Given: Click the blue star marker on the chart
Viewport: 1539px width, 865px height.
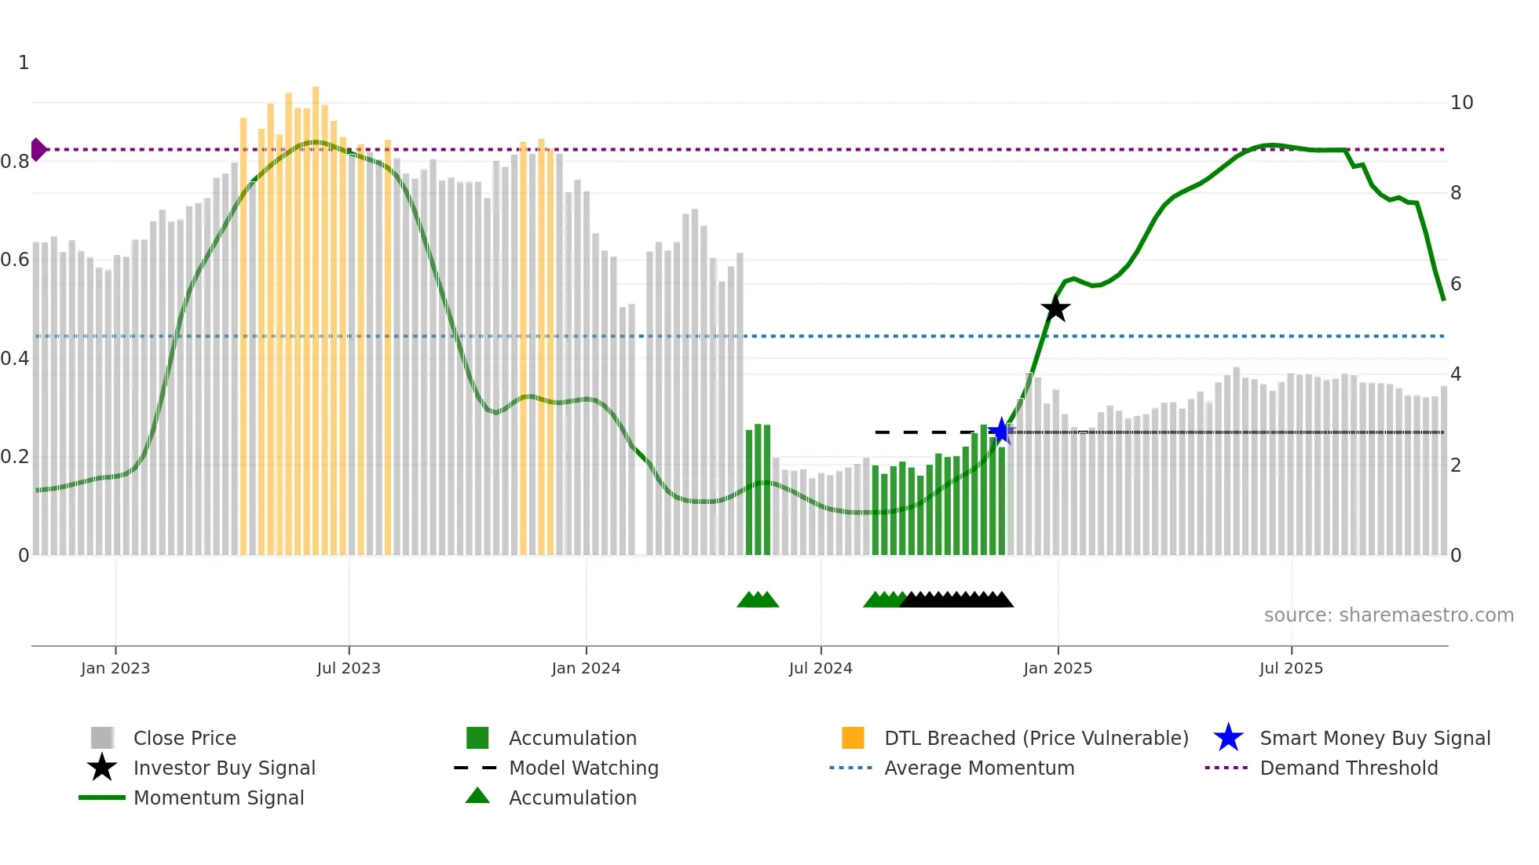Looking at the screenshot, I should (x=1001, y=431).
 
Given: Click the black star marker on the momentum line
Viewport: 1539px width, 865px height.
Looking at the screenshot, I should (x=1055, y=308).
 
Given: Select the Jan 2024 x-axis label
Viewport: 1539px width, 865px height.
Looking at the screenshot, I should (x=586, y=668).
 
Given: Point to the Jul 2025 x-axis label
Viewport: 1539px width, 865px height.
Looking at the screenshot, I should (x=1291, y=668).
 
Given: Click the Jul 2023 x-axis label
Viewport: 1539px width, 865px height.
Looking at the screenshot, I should (x=349, y=668).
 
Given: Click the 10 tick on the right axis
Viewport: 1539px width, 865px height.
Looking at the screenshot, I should (x=1461, y=103).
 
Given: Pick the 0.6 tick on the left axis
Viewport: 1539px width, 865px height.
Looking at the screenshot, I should (x=15, y=260).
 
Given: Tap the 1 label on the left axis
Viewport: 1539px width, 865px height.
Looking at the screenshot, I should (x=24, y=63).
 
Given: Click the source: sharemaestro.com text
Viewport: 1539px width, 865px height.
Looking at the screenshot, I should (x=1388, y=615).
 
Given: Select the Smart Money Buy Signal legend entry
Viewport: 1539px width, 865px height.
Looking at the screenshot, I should (x=1374, y=738).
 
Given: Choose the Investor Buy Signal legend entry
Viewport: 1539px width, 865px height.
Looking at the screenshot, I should (x=224, y=768).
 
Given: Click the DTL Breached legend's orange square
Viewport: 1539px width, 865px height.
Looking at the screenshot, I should (x=853, y=738).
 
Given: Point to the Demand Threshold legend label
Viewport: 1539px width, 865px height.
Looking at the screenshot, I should (x=1348, y=768).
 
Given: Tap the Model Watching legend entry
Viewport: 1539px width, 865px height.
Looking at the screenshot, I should (x=583, y=768).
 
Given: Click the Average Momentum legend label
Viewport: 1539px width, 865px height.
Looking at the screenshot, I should (x=978, y=768).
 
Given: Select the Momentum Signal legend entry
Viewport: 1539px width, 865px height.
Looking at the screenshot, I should (x=218, y=797).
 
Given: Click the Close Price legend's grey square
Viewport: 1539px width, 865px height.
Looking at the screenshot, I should (x=102, y=738).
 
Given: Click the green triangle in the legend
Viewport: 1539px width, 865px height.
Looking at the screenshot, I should (x=477, y=796).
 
